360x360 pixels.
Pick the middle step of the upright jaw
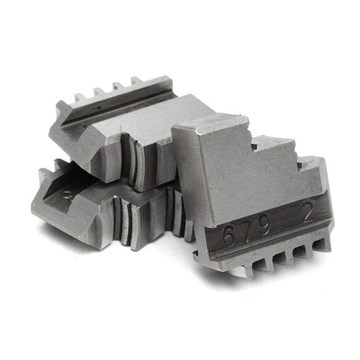(270, 144)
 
